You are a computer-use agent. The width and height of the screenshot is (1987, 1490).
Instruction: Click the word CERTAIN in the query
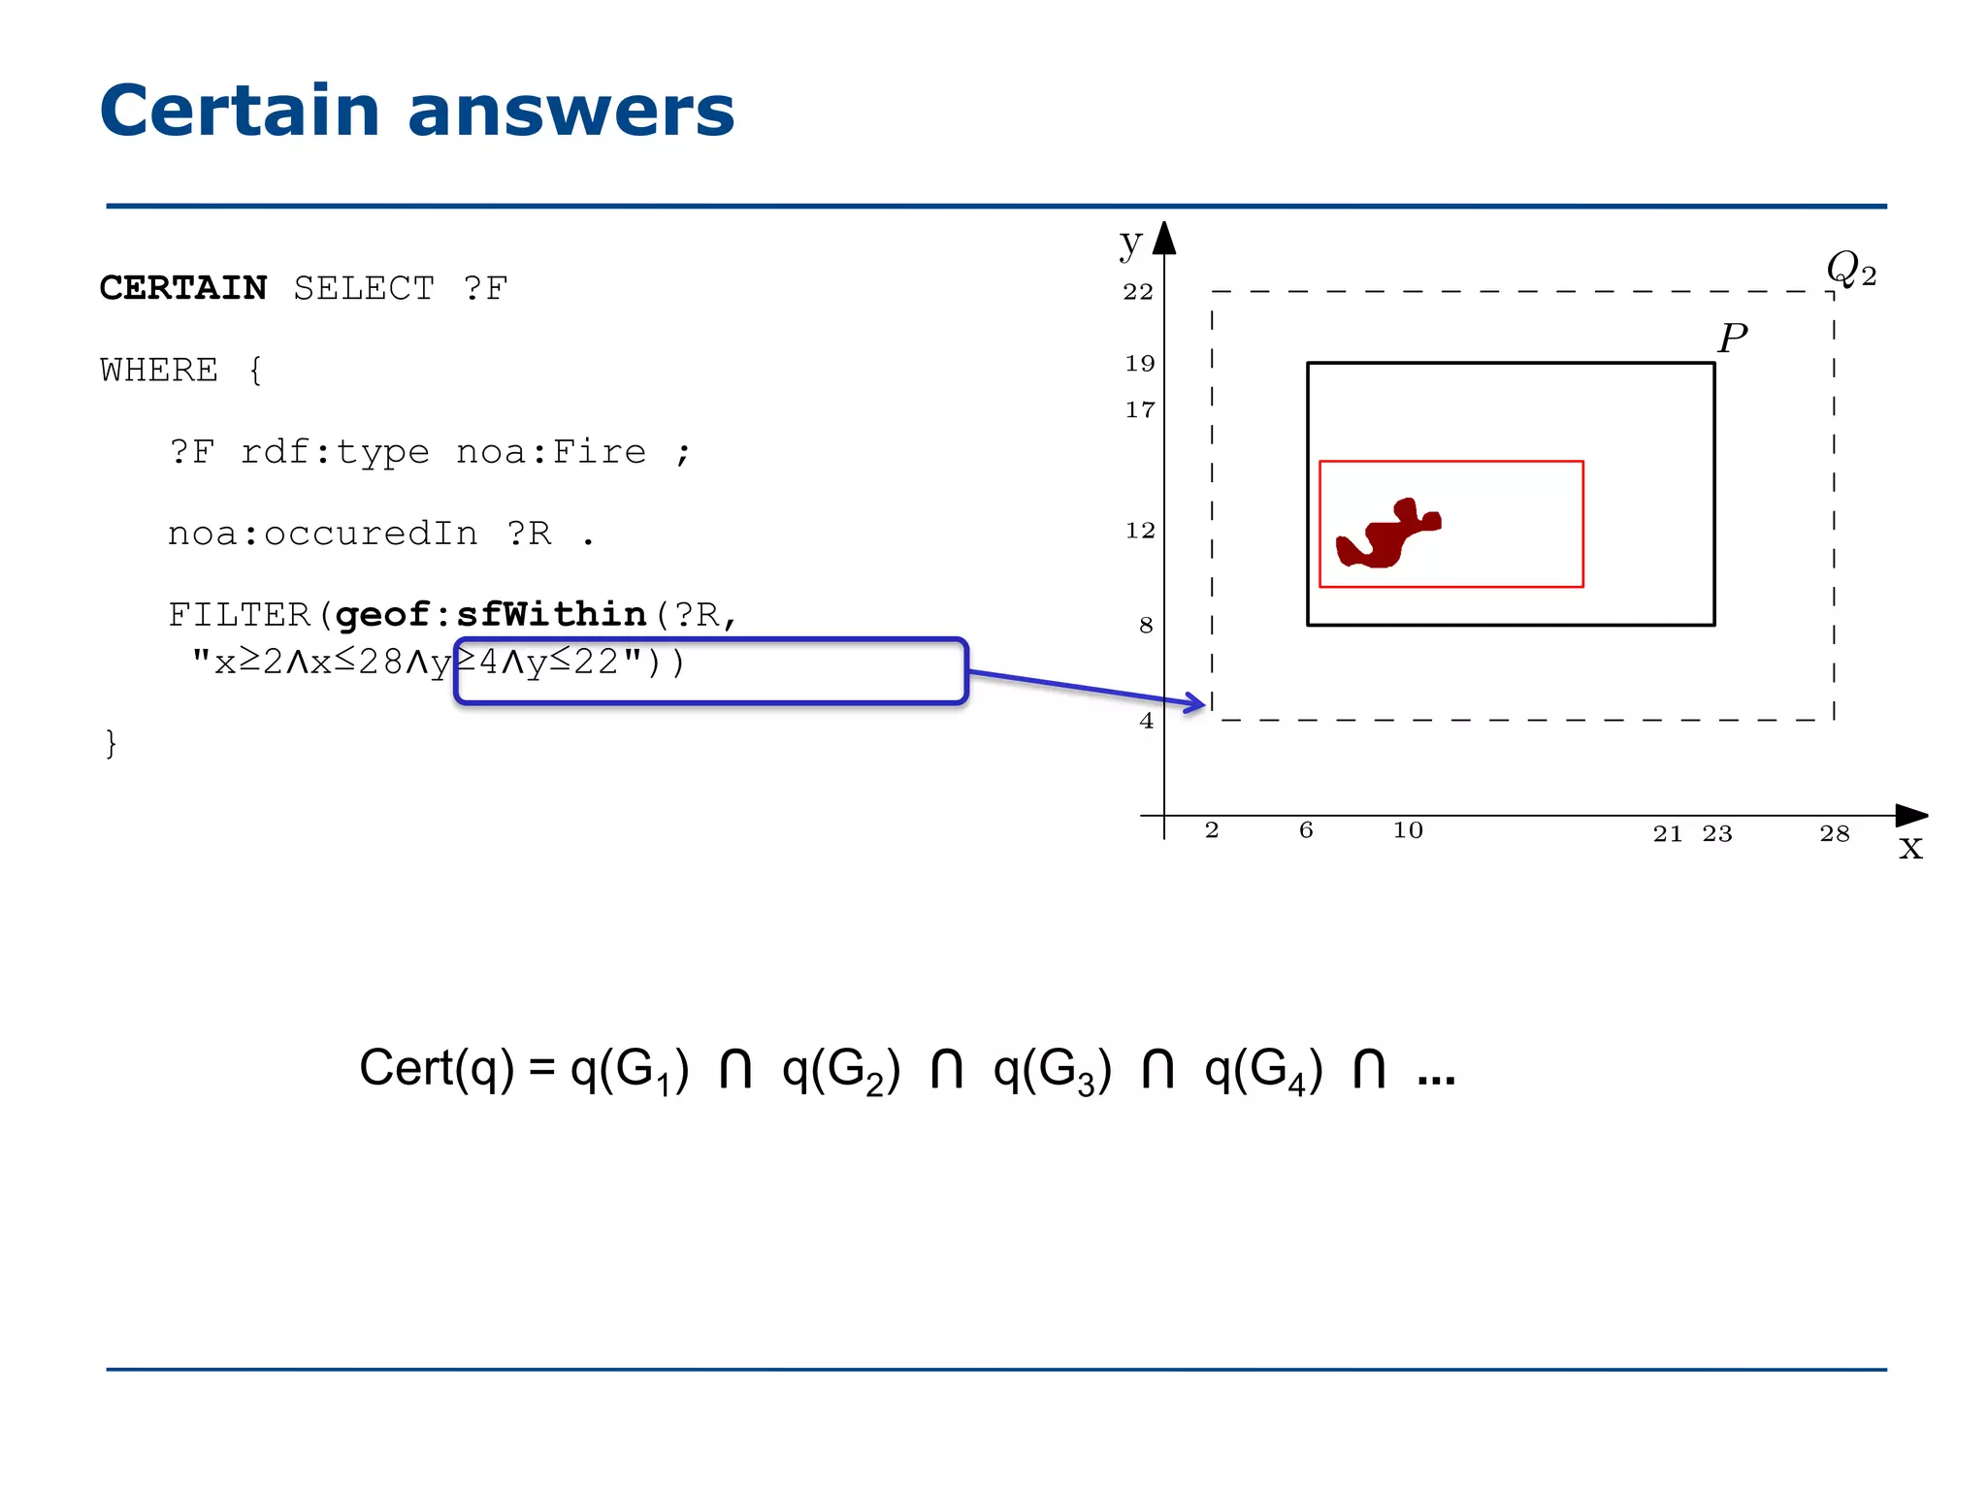pyautogui.click(x=182, y=288)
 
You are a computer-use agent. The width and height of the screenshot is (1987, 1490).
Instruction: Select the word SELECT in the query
pyautogui.click(x=364, y=288)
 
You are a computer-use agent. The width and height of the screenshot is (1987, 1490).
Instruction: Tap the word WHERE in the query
pyautogui.click(x=159, y=370)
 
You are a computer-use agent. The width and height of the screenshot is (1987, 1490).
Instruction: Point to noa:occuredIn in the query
pyautogui.click(x=322, y=533)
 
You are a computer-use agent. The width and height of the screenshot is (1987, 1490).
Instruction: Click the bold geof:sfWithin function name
pyautogui.click(x=491, y=614)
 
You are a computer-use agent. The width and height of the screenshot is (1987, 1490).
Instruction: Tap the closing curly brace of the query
pyautogui.click(x=111, y=743)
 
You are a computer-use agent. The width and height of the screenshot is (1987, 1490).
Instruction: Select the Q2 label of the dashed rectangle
pyautogui.click(x=1850, y=268)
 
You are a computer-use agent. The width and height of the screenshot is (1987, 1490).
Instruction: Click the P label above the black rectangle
pyautogui.click(x=1732, y=339)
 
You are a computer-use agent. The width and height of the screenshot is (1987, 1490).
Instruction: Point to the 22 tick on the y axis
pyautogui.click(x=1138, y=292)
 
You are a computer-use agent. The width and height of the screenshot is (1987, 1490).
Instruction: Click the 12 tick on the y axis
pyautogui.click(x=1140, y=531)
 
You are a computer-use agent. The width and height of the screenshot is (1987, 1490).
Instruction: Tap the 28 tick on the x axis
pyautogui.click(x=1834, y=833)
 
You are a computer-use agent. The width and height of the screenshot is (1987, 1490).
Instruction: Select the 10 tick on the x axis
pyautogui.click(x=1408, y=830)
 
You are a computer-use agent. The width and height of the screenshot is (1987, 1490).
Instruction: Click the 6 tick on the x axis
pyautogui.click(x=1306, y=830)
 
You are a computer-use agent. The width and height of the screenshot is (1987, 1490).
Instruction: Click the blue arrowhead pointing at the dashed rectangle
pyautogui.click(x=1196, y=702)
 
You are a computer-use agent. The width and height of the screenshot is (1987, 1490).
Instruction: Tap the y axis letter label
pyautogui.click(x=1130, y=242)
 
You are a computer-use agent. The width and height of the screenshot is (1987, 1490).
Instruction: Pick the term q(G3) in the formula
pyautogui.click(x=1052, y=1069)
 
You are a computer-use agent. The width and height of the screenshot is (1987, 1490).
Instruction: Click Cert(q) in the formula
pyautogui.click(x=437, y=1069)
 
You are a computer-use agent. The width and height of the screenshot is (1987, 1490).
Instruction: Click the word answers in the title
pyautogui.click(x=570, y=111)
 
